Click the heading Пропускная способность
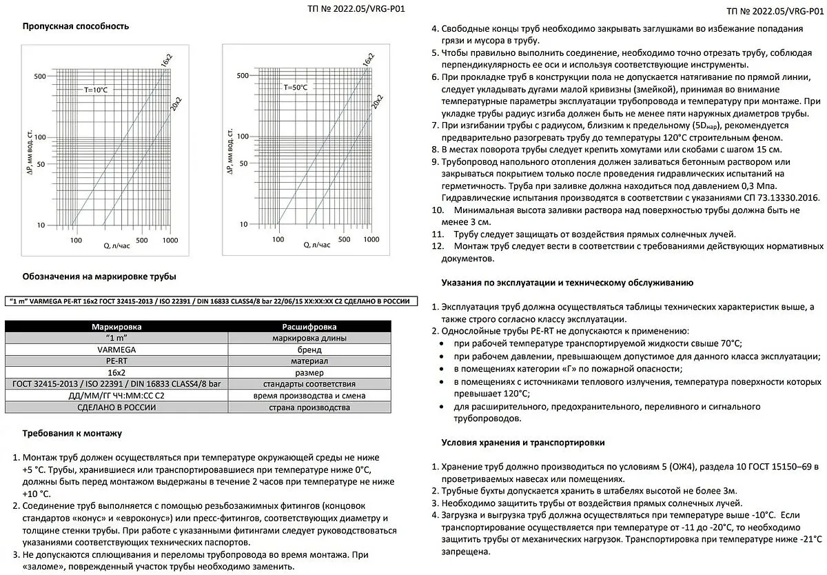tap(76, 26)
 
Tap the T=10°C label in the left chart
tap(96, 90)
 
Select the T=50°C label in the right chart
tap(296, 88)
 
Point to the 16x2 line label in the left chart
tap(166, 60)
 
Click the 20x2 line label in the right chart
tap(378, 101)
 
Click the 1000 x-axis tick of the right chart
tap(371, 240)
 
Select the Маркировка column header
tap(116, 326)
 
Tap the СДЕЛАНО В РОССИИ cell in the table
tap(116, 407)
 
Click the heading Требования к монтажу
tap(72, 434)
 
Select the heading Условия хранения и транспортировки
tap(523, 442)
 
